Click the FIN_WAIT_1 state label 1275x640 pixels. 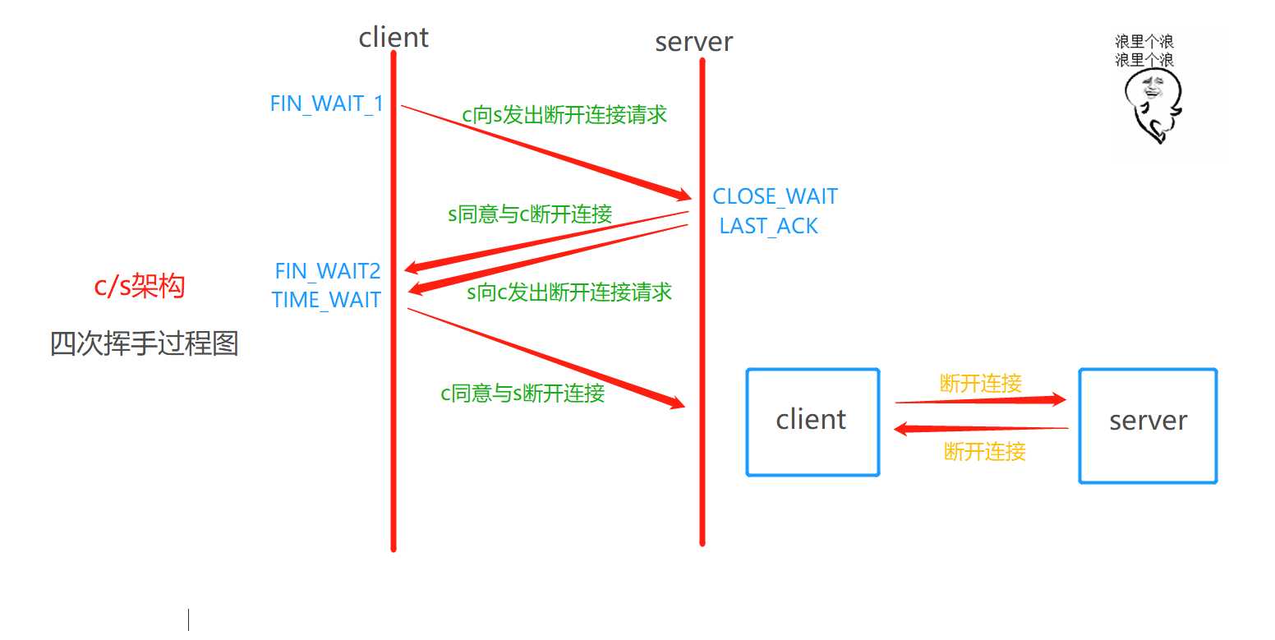[327, 104]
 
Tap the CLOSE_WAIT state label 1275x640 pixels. [775, 196]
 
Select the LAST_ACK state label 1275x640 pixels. [768, 226]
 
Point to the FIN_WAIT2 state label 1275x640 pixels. [328, 270]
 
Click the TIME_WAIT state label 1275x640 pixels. [326, 300]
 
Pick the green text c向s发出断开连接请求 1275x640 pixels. [564, 115]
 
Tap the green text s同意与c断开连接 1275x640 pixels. [530, 215]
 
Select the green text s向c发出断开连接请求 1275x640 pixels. [569, 292]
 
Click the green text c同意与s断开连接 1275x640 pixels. [522, 394]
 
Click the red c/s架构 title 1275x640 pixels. [140, 287]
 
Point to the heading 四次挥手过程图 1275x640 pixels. [144, 343]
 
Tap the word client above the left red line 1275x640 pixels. [394, 37]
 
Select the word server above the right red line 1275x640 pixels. [693, 41]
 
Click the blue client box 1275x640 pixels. [812, 421]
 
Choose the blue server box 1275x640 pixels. [1148, 425]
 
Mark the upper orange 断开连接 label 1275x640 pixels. [981, 383]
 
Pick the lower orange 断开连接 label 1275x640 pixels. [985, 451]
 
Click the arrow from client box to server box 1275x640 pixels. [980, 401]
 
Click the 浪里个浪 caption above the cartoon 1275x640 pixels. [1144, 50]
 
